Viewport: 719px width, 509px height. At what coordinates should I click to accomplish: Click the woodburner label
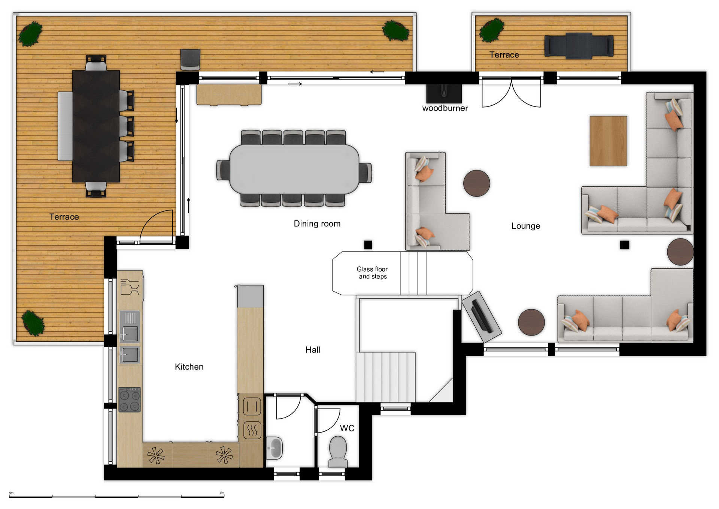tap(445, 108)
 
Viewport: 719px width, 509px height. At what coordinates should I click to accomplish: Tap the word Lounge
tap(526, 226)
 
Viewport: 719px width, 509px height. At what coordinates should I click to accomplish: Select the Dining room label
tap(317, 223)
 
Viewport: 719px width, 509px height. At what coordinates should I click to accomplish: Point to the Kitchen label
tap(189, 367)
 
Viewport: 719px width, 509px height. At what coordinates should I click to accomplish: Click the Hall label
tap(313, 350)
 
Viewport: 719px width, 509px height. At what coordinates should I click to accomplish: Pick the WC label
tap(347, 428)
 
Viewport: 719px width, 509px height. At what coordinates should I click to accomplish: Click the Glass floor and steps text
tap(372, 273)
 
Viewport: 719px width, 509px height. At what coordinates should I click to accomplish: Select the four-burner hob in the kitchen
tap(130, 400)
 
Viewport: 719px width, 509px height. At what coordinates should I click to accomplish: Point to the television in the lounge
tap(482, 316)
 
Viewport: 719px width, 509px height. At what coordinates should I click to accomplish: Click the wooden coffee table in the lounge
tap(608, 141)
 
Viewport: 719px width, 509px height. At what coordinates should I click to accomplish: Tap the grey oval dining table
tap(294, 169)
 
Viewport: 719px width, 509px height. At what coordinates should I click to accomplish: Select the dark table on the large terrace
tap(96, 126)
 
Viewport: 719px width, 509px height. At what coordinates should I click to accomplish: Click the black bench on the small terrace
tap(579, 46)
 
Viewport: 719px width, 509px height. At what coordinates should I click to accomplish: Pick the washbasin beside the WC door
tap(274, 448)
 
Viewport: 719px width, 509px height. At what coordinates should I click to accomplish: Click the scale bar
tap(117, 496)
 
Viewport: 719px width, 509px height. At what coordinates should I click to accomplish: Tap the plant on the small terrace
tap(492, 30)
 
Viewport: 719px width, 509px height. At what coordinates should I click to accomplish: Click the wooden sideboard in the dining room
tap(229, 94)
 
